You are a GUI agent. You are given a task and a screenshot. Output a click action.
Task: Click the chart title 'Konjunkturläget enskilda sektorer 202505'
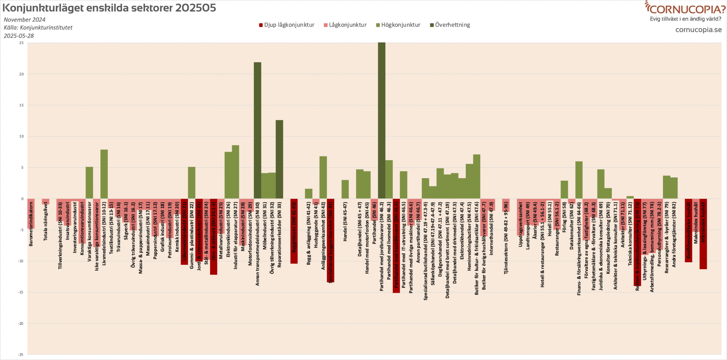(x=109, y=8)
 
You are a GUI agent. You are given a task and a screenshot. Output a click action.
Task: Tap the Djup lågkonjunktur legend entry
(x=286, y=25)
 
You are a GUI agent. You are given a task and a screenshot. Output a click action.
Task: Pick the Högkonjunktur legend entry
(x=398, y=25)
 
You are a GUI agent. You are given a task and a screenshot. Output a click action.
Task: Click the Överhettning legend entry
(x=450, y=25)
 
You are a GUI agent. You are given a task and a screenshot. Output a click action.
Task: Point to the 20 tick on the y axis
(x=22, y=74)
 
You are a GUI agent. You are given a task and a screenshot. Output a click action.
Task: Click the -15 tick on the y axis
(x=21, y=292)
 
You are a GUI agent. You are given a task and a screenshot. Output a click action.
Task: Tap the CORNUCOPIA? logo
(x=685, y=9)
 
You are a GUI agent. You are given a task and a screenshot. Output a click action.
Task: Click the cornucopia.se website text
(x=698, y=30)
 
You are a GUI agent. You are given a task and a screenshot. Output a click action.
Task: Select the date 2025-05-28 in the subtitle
(x=19, y=36)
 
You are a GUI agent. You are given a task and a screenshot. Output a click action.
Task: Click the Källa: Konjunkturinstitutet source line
(x=38, y=28)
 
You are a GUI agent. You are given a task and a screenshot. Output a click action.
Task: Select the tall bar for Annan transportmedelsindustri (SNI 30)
(x=257, y=130)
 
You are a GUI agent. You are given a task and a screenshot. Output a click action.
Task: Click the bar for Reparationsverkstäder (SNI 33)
(x=279, y=159)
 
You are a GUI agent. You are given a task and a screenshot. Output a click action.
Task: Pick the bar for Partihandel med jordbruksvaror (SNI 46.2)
(x=382, y=120)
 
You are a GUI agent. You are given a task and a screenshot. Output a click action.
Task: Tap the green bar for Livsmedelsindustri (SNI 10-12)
(x=104, y=174)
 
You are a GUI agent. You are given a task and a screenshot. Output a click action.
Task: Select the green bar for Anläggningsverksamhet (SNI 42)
(x=323, y=177)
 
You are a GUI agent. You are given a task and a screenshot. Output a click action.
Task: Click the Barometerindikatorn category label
(x=31, y=224)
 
